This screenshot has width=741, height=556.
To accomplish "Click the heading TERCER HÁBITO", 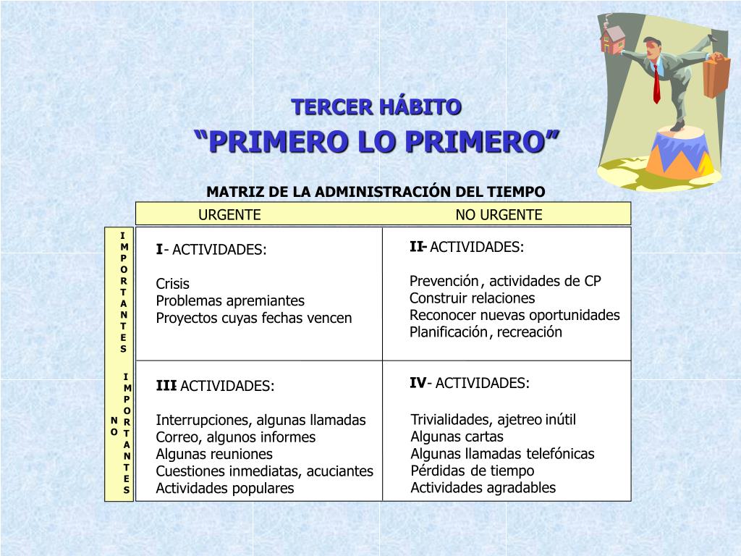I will click(x=376, y=107).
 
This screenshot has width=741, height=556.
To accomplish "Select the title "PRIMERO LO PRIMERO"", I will click(x=376, y=140).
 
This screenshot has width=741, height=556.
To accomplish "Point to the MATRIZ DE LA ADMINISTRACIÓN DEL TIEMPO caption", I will click(x=376, y=192).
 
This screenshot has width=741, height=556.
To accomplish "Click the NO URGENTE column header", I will click(x=499, y=214).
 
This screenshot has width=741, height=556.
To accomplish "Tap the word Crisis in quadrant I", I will click(x=173, y=284).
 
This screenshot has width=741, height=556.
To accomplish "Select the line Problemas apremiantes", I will click(x=230, y=300).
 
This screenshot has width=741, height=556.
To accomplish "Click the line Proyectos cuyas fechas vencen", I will click(x=254, y=318).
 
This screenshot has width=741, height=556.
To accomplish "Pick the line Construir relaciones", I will click(x=473, y=298).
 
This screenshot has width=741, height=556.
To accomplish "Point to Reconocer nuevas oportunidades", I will click(x=515, y=315).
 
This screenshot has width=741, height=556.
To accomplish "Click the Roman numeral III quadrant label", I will click(x=166, y=386).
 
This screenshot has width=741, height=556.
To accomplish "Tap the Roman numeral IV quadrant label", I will click(x=418, y=383).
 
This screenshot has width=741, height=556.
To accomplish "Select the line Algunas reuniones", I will click(x=214, y=454).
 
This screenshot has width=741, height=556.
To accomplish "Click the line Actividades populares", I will click(x=225, y=488).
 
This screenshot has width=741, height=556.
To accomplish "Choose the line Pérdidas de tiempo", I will click(x=473, y=471).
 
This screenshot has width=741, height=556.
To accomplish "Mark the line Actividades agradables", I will click(x=483, y=487).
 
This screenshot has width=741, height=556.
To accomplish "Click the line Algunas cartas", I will click(x=457, y=437).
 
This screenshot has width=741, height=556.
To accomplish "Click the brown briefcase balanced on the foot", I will click(x=716, y=75).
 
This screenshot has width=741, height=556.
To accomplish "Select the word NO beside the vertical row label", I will click(x=114, y=426).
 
